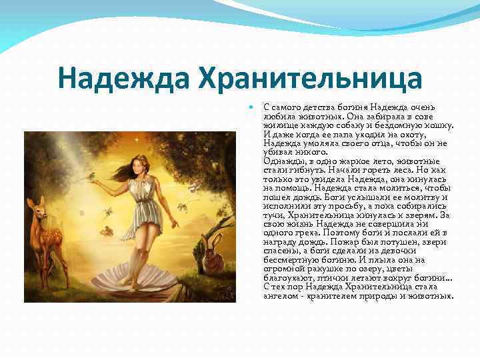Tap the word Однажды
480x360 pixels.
[281, 161]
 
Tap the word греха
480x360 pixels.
[306, 233]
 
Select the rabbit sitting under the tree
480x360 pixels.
[212, 257]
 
